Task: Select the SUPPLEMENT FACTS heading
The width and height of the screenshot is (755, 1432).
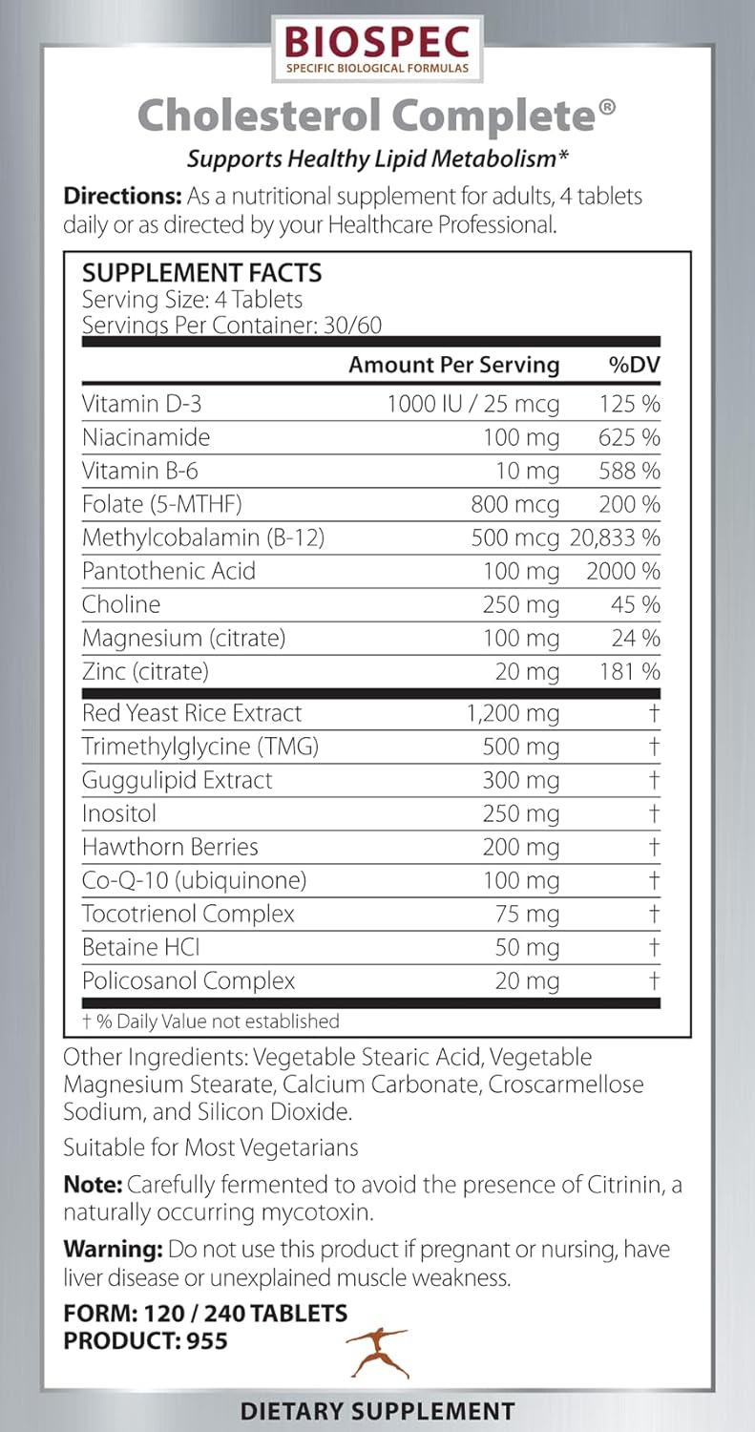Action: [201, 273]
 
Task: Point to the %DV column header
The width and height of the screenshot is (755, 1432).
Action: [635, 365]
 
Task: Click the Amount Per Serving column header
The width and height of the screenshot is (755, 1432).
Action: [453, 365]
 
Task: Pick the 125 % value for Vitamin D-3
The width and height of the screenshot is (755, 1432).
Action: [630, 404]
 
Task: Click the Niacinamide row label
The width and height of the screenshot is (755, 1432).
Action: [146, 437]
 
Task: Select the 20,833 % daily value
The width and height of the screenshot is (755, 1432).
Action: [616, 537]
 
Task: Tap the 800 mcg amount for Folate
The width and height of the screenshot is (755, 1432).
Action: [515, 504]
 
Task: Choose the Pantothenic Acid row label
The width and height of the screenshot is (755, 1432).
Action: [169, 571]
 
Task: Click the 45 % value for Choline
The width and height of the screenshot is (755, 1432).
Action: [636, 604]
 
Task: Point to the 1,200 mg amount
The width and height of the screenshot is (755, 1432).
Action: [512, 713]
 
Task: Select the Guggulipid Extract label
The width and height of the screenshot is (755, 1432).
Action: [178, 780]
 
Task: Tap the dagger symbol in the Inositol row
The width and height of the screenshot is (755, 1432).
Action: [654, 813]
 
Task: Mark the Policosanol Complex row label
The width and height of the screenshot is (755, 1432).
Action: [189, 980]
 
